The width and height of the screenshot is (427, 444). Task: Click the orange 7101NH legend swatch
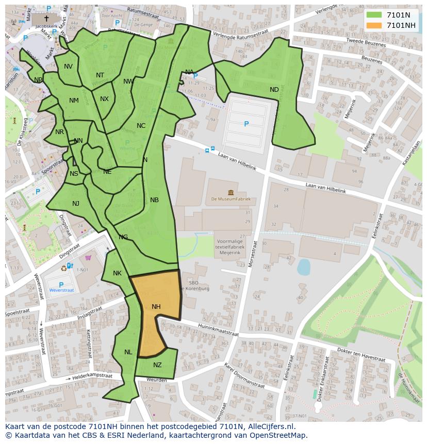point(374,25)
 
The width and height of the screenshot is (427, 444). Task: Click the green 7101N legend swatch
point(374,15)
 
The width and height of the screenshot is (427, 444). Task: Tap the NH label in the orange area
point(156,307)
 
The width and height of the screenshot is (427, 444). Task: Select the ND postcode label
point(274,90)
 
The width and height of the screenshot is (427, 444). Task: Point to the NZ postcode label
point(157,365)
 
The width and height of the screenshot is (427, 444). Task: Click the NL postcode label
point(128,352)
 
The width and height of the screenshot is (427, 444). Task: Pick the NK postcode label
point(117,273)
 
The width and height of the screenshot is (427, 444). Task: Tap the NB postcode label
point(154,200)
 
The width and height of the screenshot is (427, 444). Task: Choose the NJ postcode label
point(76,204)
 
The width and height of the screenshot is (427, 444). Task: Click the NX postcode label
point(104,99)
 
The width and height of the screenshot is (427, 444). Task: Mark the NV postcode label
point(68,67)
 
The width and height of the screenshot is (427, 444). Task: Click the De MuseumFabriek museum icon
point(230,192)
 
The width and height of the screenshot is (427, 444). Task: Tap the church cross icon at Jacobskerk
point(46,18)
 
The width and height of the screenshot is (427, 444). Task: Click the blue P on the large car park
point(246,124)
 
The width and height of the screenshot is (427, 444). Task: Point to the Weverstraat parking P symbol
point(61,285)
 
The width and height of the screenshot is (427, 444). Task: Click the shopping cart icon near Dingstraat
point(88,258)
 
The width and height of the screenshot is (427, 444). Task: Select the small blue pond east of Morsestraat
point(304,267)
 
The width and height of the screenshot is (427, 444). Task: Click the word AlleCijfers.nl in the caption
point(270,426)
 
